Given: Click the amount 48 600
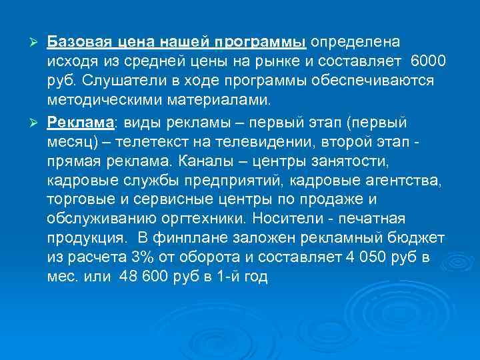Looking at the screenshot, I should point(141,277).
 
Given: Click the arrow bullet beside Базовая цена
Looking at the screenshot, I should point(37,43).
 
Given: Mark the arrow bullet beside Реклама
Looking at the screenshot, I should point(37,123).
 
